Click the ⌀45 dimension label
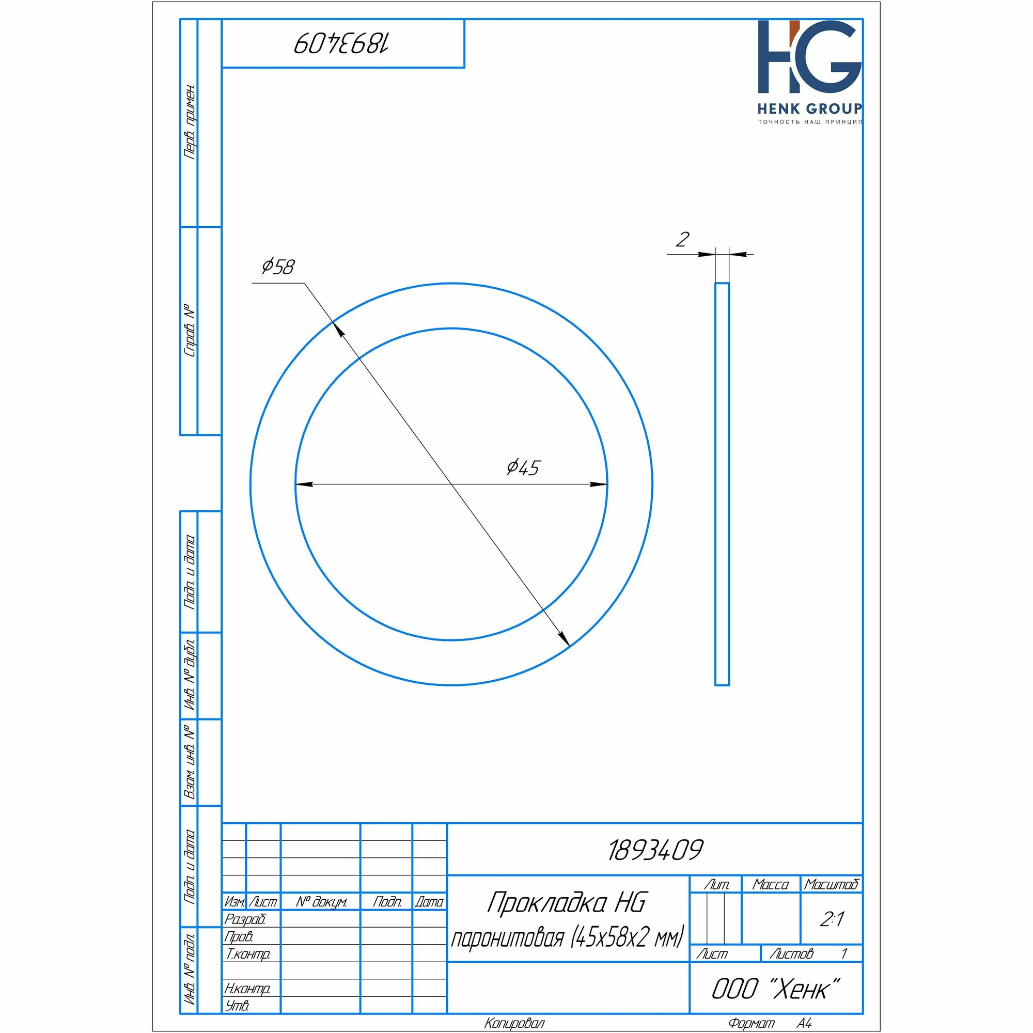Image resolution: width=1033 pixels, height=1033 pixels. (523, 467)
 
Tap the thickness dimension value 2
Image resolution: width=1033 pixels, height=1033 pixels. (682, 239)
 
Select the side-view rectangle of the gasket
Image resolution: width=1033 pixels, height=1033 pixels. (722, 483)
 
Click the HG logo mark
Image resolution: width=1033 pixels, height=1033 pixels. (809, 57)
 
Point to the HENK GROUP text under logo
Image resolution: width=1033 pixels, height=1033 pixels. (809, 108)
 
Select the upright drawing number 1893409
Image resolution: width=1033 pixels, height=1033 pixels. (655, 850)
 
